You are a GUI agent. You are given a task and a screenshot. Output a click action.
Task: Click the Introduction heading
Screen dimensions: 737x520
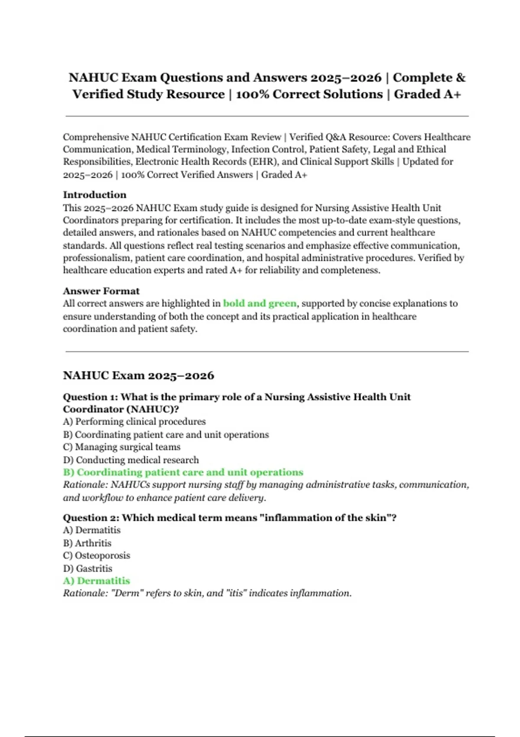(x=94, y=195)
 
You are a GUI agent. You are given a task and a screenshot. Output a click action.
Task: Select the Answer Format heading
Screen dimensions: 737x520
(x=101, y=291)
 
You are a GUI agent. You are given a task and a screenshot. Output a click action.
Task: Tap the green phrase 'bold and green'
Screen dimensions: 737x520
(x=260, y=303)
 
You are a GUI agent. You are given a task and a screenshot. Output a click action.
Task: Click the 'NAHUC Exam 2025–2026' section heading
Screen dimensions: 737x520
(x=138, y=375)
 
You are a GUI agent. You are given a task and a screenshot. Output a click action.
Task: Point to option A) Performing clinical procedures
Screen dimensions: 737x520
(x=134, y=421)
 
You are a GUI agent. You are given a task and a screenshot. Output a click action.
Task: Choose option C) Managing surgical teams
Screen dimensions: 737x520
(x=121, y=447)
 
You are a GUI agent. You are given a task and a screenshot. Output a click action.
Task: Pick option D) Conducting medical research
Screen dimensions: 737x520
(x=131, y=460)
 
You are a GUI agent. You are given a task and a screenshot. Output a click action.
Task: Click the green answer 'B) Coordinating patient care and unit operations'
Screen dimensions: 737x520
(x=183, y=472)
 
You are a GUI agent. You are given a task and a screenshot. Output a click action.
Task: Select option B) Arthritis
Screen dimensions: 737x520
(x=87, y=543)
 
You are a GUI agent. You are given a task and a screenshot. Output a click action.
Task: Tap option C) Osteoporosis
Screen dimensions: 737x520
(x=96, y=555)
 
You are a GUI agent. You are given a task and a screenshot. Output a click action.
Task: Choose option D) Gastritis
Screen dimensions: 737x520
(x=88, y=568)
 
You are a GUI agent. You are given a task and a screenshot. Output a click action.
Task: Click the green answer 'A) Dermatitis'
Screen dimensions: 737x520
(x=96, y=581)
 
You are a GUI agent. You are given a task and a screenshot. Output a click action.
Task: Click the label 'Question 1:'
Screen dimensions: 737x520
(x=90, y=397)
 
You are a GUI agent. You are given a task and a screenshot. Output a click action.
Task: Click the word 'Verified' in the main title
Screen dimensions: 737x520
(x=97, y=94)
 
